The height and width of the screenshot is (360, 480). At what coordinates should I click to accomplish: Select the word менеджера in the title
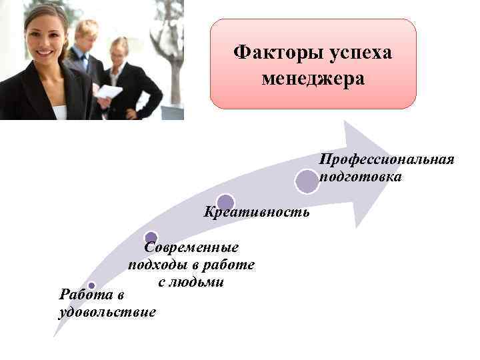(x=313, y=79)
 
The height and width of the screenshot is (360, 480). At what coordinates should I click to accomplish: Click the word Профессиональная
(x=387, y=160)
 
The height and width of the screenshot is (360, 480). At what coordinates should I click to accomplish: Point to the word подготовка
(x=361, y=177)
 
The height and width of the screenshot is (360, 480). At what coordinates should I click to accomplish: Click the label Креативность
(x=257, y=212)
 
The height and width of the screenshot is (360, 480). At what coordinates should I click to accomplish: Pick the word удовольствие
(x=107, y=311)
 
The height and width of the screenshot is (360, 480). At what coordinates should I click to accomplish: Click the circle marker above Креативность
(x=225, y=202)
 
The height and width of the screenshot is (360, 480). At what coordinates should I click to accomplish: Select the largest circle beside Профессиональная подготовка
(x=307, y=181)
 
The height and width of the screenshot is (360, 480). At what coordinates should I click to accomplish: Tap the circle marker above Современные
(x=151, y=237)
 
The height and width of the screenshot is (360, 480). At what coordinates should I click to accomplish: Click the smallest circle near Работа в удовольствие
(x=91, y=285)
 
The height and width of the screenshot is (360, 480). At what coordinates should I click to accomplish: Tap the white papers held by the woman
(x=109, y=92)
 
